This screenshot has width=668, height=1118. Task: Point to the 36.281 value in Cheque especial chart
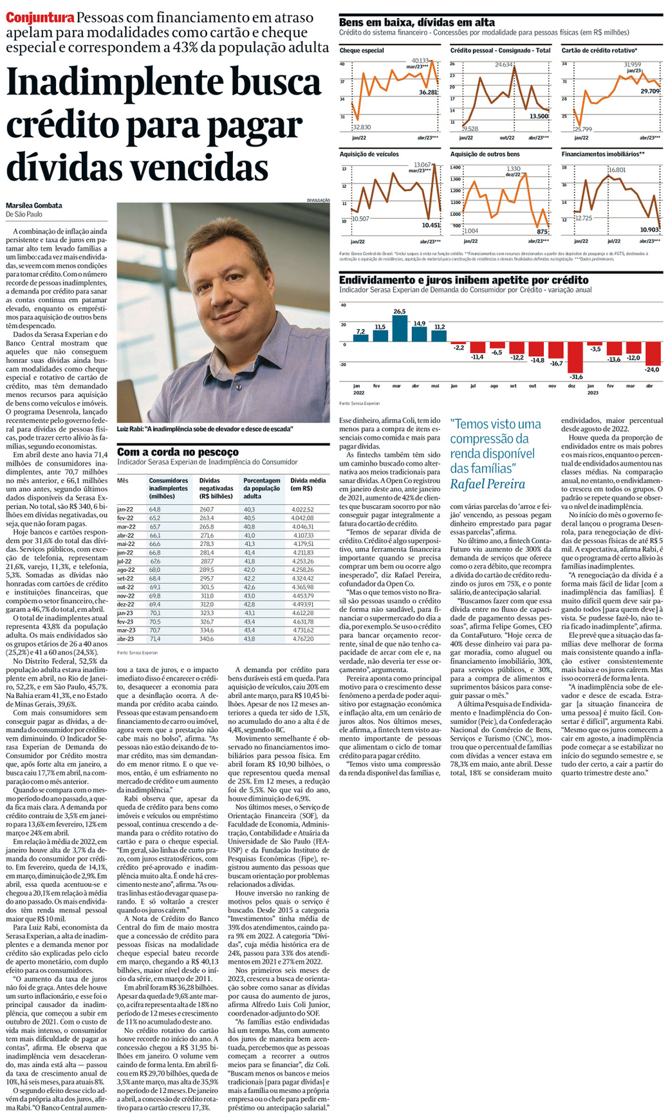point(428,93)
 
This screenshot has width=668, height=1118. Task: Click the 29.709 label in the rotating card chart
point(650,91)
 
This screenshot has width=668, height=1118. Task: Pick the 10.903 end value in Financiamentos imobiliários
point(649,230)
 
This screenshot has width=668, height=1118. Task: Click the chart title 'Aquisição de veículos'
point(369,154)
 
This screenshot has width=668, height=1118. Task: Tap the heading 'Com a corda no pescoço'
point(178,452)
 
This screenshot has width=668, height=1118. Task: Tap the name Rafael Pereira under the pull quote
point(487,484)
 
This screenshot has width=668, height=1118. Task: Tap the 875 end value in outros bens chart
point(542,232)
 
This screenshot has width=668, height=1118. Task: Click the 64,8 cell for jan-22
point(154,509)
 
